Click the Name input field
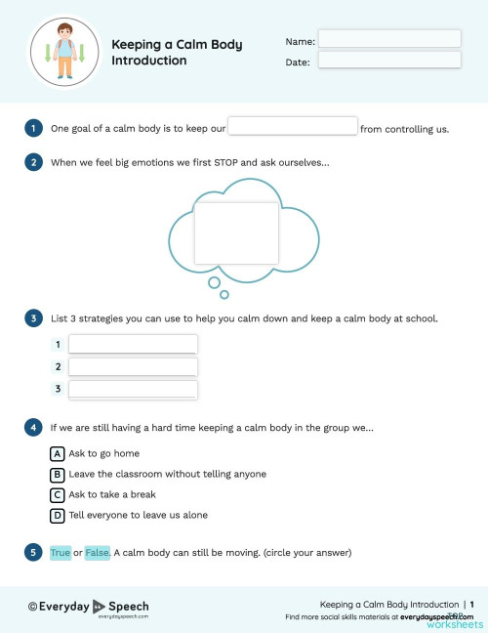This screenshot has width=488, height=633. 389,39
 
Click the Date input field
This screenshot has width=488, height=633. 389,61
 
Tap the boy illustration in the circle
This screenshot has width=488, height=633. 66,52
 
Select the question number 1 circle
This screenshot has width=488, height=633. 33,128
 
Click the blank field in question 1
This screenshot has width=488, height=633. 293,126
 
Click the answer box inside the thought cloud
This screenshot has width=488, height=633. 235,233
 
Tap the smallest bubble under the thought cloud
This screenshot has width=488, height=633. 224,294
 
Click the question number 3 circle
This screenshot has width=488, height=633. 33,317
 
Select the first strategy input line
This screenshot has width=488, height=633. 133,344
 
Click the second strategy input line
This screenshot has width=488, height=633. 133,366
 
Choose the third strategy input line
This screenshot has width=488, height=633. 133,389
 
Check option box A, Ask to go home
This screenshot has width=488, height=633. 58,453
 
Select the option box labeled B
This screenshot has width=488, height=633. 58,474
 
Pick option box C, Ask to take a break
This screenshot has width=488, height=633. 58,494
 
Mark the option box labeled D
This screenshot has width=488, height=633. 58,515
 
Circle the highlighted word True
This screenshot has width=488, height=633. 61,553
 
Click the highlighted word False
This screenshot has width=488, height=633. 98,553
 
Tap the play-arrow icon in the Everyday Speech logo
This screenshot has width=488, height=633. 99,606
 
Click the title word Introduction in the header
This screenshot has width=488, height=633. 148,61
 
